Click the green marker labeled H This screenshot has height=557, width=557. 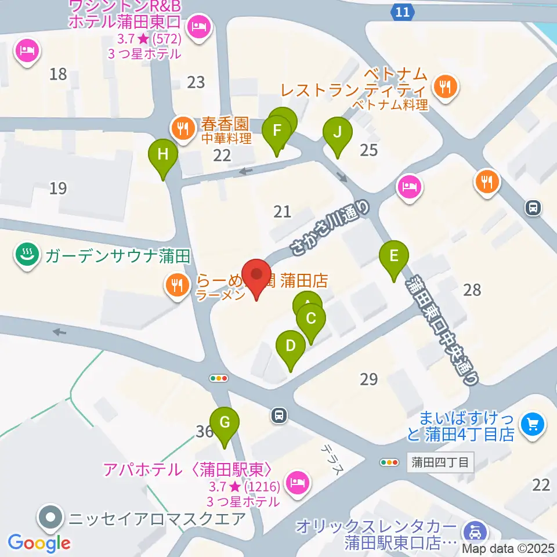[x=163, y=155]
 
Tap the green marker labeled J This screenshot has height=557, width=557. [x=337, y=132]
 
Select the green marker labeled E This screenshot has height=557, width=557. [x=394, y=256]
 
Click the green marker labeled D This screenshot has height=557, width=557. [x=291, y=346]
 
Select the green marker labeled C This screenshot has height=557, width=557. [x=310, y=319]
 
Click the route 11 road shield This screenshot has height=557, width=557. [x=403, y=11]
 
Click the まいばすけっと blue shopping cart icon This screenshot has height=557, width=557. [x=533, y=424]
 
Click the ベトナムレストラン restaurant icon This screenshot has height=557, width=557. [x=446, y=87]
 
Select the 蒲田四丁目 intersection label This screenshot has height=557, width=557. [x=440, y=462]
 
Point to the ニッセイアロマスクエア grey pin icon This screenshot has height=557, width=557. [x=50, y=516]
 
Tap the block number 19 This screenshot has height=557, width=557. [x=58, y=188]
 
